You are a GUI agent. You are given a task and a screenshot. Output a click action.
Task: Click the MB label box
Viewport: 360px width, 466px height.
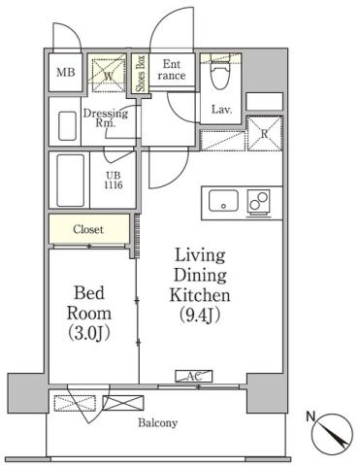click(x=66, y=73)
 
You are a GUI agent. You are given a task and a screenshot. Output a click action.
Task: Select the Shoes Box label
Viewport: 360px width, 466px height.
click(x=142, y=73)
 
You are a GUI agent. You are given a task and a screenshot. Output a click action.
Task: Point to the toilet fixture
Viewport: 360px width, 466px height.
click(x=217, y=72)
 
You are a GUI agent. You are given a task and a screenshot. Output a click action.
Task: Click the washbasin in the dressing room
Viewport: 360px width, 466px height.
click(x=67, y=125)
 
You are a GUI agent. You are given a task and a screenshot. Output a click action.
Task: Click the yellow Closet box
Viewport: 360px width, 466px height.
click(x=89, y=230)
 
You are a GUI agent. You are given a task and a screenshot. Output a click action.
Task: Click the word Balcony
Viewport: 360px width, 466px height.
click(x=156, y=423)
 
